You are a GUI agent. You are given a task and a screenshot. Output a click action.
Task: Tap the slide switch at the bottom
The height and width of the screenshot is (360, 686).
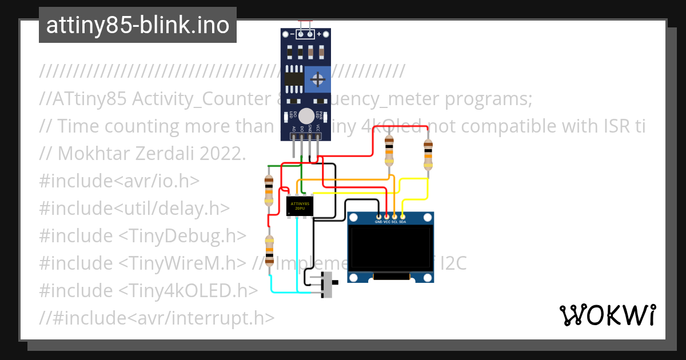(x=328, y=284)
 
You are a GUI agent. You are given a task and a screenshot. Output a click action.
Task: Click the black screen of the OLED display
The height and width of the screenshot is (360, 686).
(x=390, y=247)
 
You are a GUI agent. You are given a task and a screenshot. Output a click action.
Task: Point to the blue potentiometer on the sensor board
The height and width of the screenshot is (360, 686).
(x=317, y=78)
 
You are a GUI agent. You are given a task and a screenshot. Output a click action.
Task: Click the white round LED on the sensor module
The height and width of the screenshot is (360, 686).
(x=306, y=115)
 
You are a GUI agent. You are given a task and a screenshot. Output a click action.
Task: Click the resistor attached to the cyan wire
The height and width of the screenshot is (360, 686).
(x=269, y=250)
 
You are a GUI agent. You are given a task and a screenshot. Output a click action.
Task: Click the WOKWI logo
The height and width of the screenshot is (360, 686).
(x=607, y=315)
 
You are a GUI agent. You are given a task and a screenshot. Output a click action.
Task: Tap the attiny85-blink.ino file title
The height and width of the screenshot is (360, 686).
(x=138, y=25)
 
